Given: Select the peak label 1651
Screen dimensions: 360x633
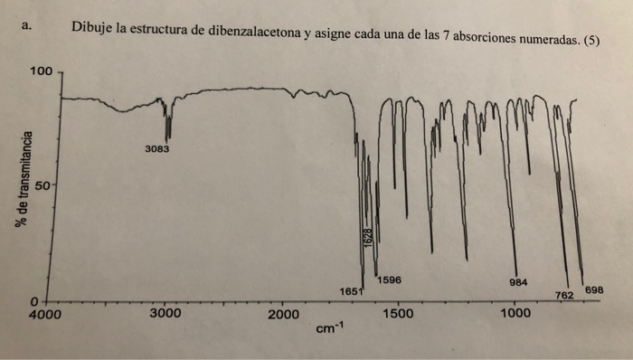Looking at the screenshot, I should (352, 290).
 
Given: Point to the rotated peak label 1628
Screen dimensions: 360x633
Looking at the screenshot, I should (368, 240).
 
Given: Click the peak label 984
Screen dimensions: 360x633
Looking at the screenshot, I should (519, 282).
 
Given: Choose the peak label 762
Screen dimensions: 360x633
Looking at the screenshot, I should (565, 295).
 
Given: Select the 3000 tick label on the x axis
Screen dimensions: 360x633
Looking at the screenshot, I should (165, 314).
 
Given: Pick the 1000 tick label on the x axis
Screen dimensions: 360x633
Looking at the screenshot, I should (515, 314).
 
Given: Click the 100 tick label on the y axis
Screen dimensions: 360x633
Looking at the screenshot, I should (41, 70).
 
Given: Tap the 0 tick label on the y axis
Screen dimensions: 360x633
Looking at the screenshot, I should (34, 300).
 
